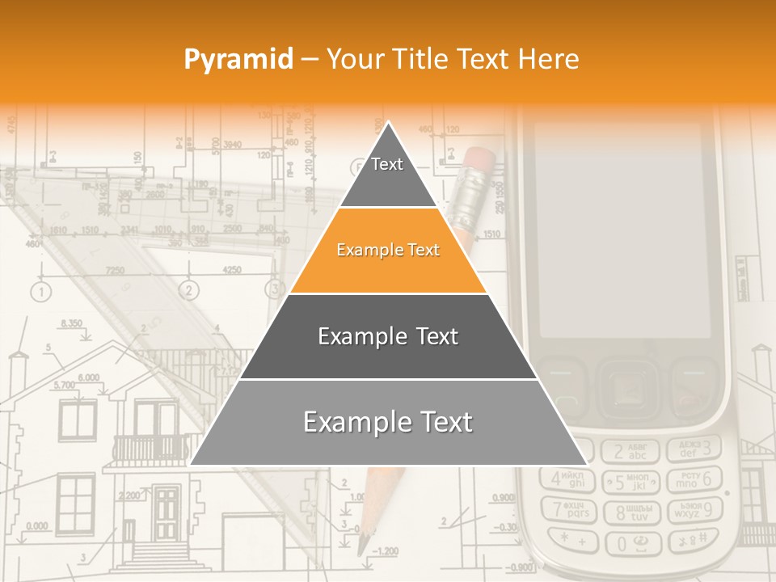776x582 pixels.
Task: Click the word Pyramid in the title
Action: coord(238,59)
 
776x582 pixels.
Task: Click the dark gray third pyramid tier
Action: coord(388,336)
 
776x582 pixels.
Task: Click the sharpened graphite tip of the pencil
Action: coord(363,546)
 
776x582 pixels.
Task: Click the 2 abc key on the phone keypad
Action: coord(631,451)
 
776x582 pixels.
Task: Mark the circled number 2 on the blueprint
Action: coord(189,290)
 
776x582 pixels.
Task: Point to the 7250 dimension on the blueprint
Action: coord(115,270)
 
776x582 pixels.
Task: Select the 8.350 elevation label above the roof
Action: coord(71,323)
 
